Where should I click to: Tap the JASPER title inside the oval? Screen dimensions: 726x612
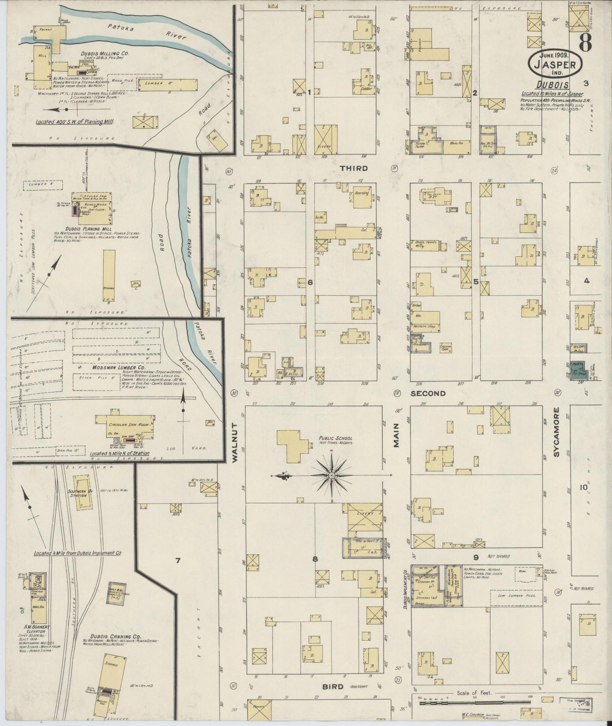(555, 65)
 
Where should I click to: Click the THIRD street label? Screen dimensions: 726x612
(354, 168)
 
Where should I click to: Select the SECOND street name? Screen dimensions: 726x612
(428, 393)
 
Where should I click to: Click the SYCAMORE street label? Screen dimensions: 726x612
(557, 432)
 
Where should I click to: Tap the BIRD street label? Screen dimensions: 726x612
(332, 687)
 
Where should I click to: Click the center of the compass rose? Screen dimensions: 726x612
(332, 476)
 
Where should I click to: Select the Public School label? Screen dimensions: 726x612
(336, 438)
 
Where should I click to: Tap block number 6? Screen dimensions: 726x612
(310, 282)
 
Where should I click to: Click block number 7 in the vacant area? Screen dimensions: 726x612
(178, 561)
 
